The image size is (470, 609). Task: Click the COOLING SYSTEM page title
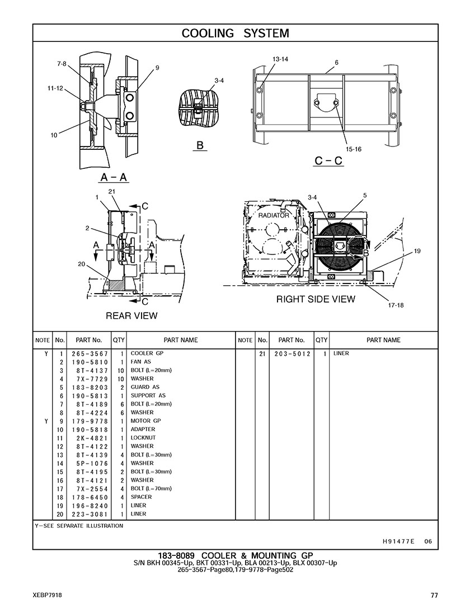pos(235,34)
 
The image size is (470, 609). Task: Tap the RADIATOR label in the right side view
pos(274,215)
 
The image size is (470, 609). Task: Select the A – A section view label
pos(114,177)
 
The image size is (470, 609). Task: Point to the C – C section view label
pos(328,160)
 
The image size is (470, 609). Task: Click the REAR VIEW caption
pos(131,316)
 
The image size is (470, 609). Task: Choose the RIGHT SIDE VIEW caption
pos(316,299)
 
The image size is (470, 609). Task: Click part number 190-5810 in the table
pos(90,362)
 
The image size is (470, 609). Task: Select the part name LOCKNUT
pos(143,438)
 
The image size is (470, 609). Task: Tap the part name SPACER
pos(141,497)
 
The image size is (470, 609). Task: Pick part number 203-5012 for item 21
pos(292,354)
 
